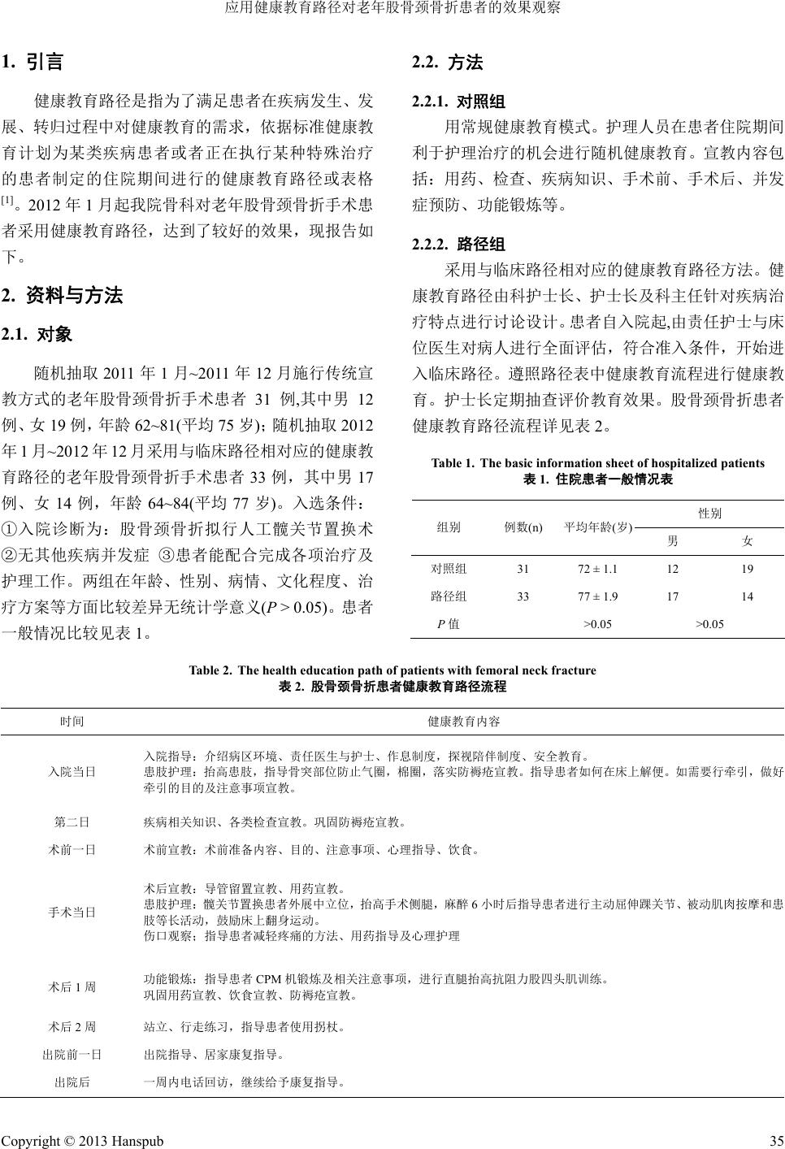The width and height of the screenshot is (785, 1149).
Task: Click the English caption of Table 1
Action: coord(597,463)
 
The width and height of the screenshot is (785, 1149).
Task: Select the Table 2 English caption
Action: coord(392,670)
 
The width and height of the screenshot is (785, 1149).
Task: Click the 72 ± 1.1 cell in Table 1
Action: coord(597,569)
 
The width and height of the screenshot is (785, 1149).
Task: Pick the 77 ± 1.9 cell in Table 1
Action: coord(597,596)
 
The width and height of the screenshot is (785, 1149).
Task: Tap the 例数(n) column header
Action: coord(523,527)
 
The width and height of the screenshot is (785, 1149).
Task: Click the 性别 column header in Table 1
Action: coord(709,514)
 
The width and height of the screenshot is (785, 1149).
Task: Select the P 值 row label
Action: coord(449,624)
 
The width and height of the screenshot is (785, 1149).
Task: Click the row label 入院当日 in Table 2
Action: coord(72,771)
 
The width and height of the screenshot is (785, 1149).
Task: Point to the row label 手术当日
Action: coord(72,912)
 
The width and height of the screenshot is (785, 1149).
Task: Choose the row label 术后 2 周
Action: coord(72,1026)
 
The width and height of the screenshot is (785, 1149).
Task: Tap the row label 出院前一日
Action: coord(72,1055)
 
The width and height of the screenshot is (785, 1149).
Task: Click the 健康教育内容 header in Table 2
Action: coord(463,722)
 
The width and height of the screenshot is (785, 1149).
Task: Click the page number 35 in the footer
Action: coord(775,1141)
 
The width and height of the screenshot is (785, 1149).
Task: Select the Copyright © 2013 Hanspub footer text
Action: coord(82,1141)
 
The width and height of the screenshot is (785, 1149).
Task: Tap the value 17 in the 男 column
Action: coord(672,596)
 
